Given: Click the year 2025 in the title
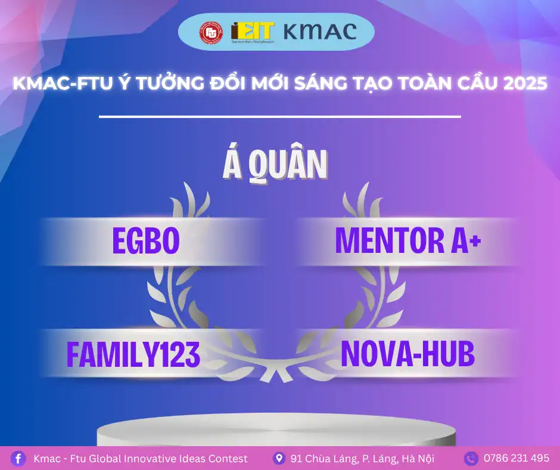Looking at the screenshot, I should point(525,84).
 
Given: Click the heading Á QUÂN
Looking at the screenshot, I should point(275,165).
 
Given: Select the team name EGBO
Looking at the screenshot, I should point(145,240).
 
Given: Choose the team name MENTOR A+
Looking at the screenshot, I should point(407,240).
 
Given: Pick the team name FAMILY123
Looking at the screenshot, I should point(133,354).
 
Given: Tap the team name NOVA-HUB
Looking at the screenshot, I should point(407,354).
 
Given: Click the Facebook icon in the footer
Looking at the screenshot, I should point(18,458).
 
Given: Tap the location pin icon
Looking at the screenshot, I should point(278,458).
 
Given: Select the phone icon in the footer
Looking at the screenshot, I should point(471,458).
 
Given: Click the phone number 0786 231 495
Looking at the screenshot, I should point(517,458).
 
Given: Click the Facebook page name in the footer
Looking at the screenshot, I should point(141,458).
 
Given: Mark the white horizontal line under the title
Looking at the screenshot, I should point(280,116).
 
